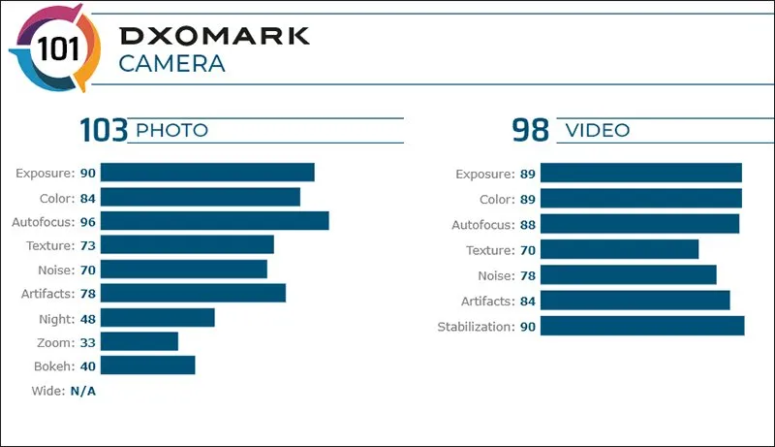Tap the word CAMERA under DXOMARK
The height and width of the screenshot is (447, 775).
click(x=171, y=65)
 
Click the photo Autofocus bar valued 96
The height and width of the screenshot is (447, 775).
click(x=214, y=221)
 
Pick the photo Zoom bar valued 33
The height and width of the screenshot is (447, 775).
click(x=139, y=341)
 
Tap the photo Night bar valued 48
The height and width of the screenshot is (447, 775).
click(x=157, y=317)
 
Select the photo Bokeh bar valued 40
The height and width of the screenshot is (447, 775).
click(x=147, y=365)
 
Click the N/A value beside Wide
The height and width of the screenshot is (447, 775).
click(x=82, y=391)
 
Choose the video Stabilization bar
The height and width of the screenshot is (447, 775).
click(x=642, y=326)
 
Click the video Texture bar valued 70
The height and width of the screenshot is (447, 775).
click(x=619, y=250)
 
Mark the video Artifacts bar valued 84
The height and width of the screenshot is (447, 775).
click(x=635, y=301)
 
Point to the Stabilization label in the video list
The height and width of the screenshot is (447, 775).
click(x=475, y=326)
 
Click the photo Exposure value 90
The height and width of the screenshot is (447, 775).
click(x=87, y=173)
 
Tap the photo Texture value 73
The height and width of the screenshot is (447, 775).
click(x=87, y=244)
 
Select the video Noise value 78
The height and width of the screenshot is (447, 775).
click(x=527, y=275)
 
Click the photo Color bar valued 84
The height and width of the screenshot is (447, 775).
click(x=200, y=197)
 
